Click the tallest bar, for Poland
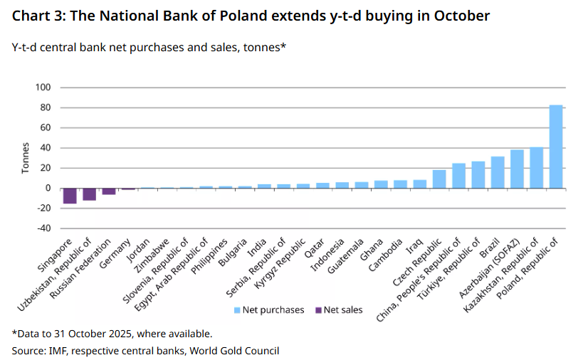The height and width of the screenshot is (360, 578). (x=556, y=147)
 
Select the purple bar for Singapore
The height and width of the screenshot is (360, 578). (x=70, y=196)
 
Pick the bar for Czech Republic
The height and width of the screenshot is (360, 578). (x=439, y=179)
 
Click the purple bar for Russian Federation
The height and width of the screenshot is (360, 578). (x=109, y=191)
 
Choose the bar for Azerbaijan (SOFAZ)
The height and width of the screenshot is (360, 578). (x=517, y=169)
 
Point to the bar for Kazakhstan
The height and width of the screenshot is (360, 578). (x=537, y=168)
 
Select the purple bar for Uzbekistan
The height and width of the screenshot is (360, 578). (x=89, y=194)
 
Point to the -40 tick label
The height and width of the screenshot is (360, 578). (x=43, y=228)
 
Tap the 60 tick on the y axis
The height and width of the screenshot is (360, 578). (x=46, y=128)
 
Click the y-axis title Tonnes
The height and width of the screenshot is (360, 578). (x=26, y=158)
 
